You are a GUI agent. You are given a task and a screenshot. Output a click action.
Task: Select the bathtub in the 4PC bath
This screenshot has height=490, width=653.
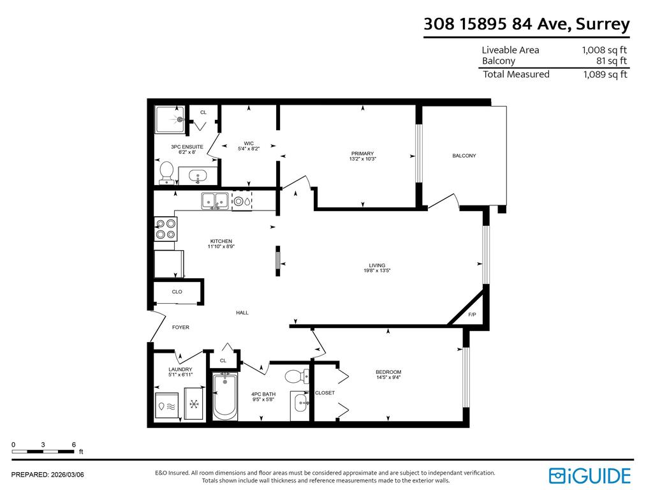[224, 397]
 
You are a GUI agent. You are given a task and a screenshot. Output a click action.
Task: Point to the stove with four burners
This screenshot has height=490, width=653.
[166, 229]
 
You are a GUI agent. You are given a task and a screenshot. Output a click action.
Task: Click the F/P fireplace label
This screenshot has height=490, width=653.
[472, 315]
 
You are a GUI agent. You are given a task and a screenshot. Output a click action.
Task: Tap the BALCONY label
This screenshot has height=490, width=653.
[464, 156]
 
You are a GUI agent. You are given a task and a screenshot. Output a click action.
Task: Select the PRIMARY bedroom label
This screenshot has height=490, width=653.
[362, 153]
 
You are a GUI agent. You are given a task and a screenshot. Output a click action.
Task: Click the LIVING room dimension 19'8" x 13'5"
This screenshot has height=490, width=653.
[377, 271]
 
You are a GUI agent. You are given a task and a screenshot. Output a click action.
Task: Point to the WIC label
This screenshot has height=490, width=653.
[249, 143]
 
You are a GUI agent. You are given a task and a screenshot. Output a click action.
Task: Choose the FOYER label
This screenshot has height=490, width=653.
[180, 327]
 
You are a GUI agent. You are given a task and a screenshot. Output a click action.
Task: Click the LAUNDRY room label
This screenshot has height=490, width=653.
[180, 369]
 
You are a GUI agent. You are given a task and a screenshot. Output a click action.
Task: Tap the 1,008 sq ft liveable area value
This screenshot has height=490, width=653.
[604, 50]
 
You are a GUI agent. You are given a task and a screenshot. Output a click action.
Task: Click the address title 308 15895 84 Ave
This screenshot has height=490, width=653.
[526, 24]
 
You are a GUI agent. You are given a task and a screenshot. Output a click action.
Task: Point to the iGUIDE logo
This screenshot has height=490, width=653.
[590, 475]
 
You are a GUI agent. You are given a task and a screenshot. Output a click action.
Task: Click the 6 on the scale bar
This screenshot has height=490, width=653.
[74, 444]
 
